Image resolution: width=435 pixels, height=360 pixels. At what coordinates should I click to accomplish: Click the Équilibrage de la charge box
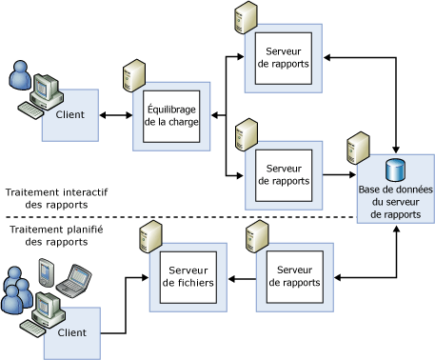tap(172, 116)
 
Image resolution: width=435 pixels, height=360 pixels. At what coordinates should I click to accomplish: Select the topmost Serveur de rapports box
tap(286, 57)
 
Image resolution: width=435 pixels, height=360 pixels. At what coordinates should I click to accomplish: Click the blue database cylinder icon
tap(395, 172)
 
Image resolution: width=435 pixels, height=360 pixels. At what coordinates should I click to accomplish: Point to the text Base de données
tap(396, 190)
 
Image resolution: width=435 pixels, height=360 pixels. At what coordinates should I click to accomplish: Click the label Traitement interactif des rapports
tap(56, 198)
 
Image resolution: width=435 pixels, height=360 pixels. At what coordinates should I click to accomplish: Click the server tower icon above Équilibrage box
tap(133, 76)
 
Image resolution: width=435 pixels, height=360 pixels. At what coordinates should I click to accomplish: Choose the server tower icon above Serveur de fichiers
tap(148, 236)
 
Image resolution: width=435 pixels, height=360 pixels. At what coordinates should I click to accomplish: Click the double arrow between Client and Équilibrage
tap(116, 116)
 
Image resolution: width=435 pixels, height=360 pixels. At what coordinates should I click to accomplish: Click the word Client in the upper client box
tap(70, 114)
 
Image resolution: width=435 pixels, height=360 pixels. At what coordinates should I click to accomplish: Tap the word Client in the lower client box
tap(71, 332)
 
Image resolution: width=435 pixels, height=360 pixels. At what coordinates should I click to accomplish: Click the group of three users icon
tap(16, 291)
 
